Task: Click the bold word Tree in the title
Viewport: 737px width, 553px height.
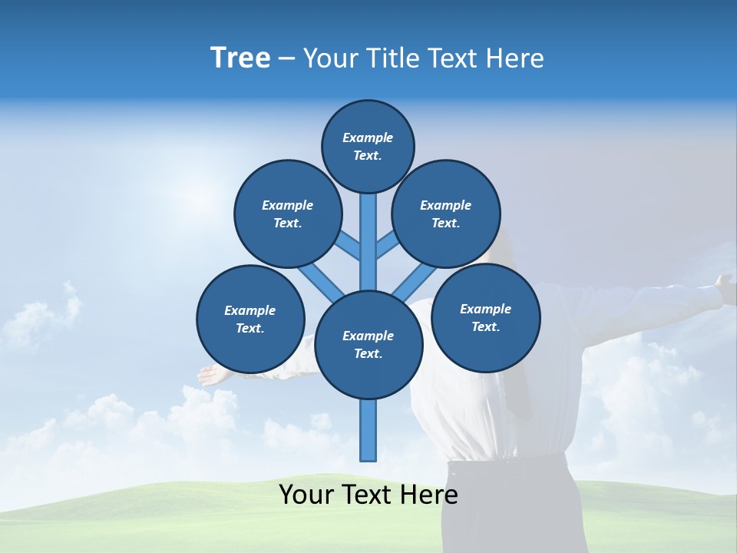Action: coord(240,58)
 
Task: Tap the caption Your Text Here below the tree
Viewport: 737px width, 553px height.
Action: coord(368,495)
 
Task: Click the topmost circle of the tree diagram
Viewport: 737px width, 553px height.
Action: coord(368,146)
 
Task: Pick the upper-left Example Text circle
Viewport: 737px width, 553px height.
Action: coord(288,214)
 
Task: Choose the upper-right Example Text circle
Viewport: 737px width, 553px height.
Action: coord(446,214)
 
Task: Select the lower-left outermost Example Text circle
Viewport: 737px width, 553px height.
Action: coord(250,320)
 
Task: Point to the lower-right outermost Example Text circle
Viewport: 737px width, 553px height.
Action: coord(485,317)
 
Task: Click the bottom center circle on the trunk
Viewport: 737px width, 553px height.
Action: coord(368,345)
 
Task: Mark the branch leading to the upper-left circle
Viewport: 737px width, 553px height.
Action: coord(350,247)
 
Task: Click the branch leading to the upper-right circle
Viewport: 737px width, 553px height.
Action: coord(387,247)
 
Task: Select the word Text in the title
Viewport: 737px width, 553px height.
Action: coord(453,58)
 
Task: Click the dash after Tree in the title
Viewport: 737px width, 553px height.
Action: coord(286,58)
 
